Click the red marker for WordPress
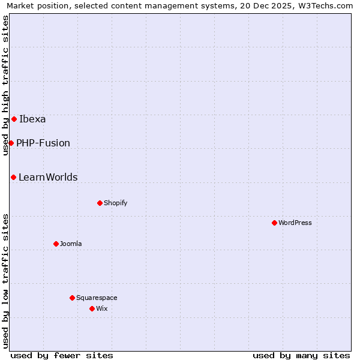pyautogui.click(x=274, y=223)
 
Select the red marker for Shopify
pyautogui.click(x=100, y=203)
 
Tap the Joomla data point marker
pyautogui.click(x=56, y=244)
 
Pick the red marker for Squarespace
pyautogui.click(x=72, y=298)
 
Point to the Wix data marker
pyautogui.click(x=92, y=308)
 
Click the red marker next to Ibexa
pyautogui.click(x=14, y=119)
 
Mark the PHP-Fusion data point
pyautogui.click(x=11, y=143)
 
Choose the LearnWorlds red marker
pyautogui.click(x=13, y=177)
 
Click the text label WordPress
pyautogui.click(x=295, y=223)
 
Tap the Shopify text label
pyautogui.click(x=116, y=203)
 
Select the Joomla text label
pyautogui.click(x=71, y=244)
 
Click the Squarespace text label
pyautogui.click(x=97, y=298)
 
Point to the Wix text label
pyautogui.click(x=101, y=308)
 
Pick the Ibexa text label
pyautogui.click(x=32, y=119)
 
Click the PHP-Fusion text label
pyautogui.click(x=43, y=143)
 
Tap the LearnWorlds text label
pyautogui.click(x=48, y=177)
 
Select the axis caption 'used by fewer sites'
pyautogui.click(x=62, y=355)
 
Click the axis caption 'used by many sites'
pyautogui.click(x=301, y=355)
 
